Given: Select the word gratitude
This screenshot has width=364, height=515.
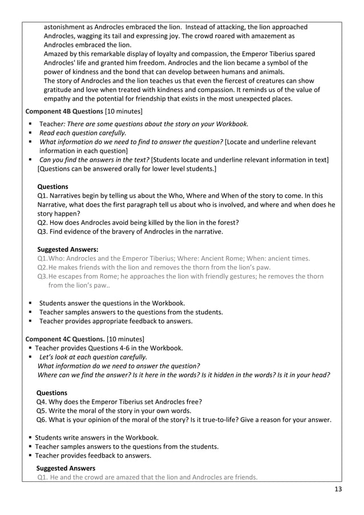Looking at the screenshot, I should pyautogui.click(x=62, y=90).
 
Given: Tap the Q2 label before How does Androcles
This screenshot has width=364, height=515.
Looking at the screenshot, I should pyautogui.click(x=43, y=222).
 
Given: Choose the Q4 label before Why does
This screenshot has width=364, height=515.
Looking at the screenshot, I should pyautogui.click(x=42, y=401).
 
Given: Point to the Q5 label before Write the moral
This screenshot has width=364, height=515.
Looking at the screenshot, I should pyautogui.click(x=42, y=411).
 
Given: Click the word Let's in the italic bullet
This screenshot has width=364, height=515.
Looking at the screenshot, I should pyautogui.click(x=47, y=357).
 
